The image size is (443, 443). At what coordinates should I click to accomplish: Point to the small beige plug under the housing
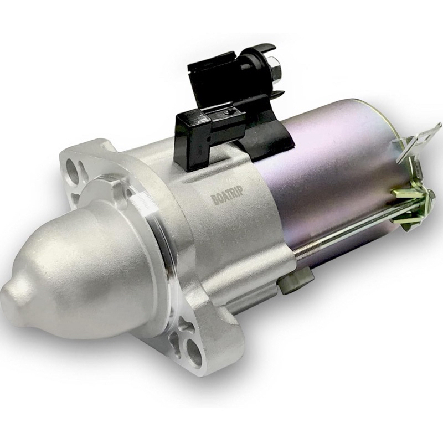(x=288, y=285)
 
